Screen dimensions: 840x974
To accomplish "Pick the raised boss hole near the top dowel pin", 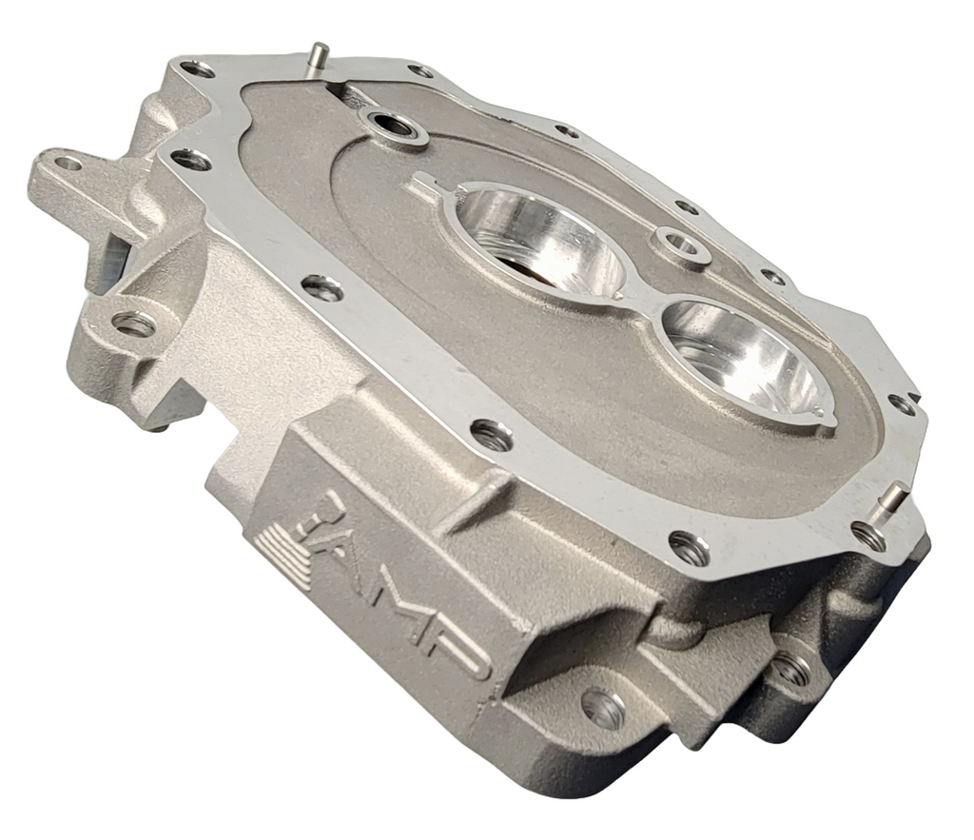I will [392, 127].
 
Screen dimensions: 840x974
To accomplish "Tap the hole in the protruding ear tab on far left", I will [67, 164].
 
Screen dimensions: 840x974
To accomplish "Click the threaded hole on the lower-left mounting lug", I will [134, 324].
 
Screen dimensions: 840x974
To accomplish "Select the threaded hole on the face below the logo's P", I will [603, 708].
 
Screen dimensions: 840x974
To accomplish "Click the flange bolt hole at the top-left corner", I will [198, 68].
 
